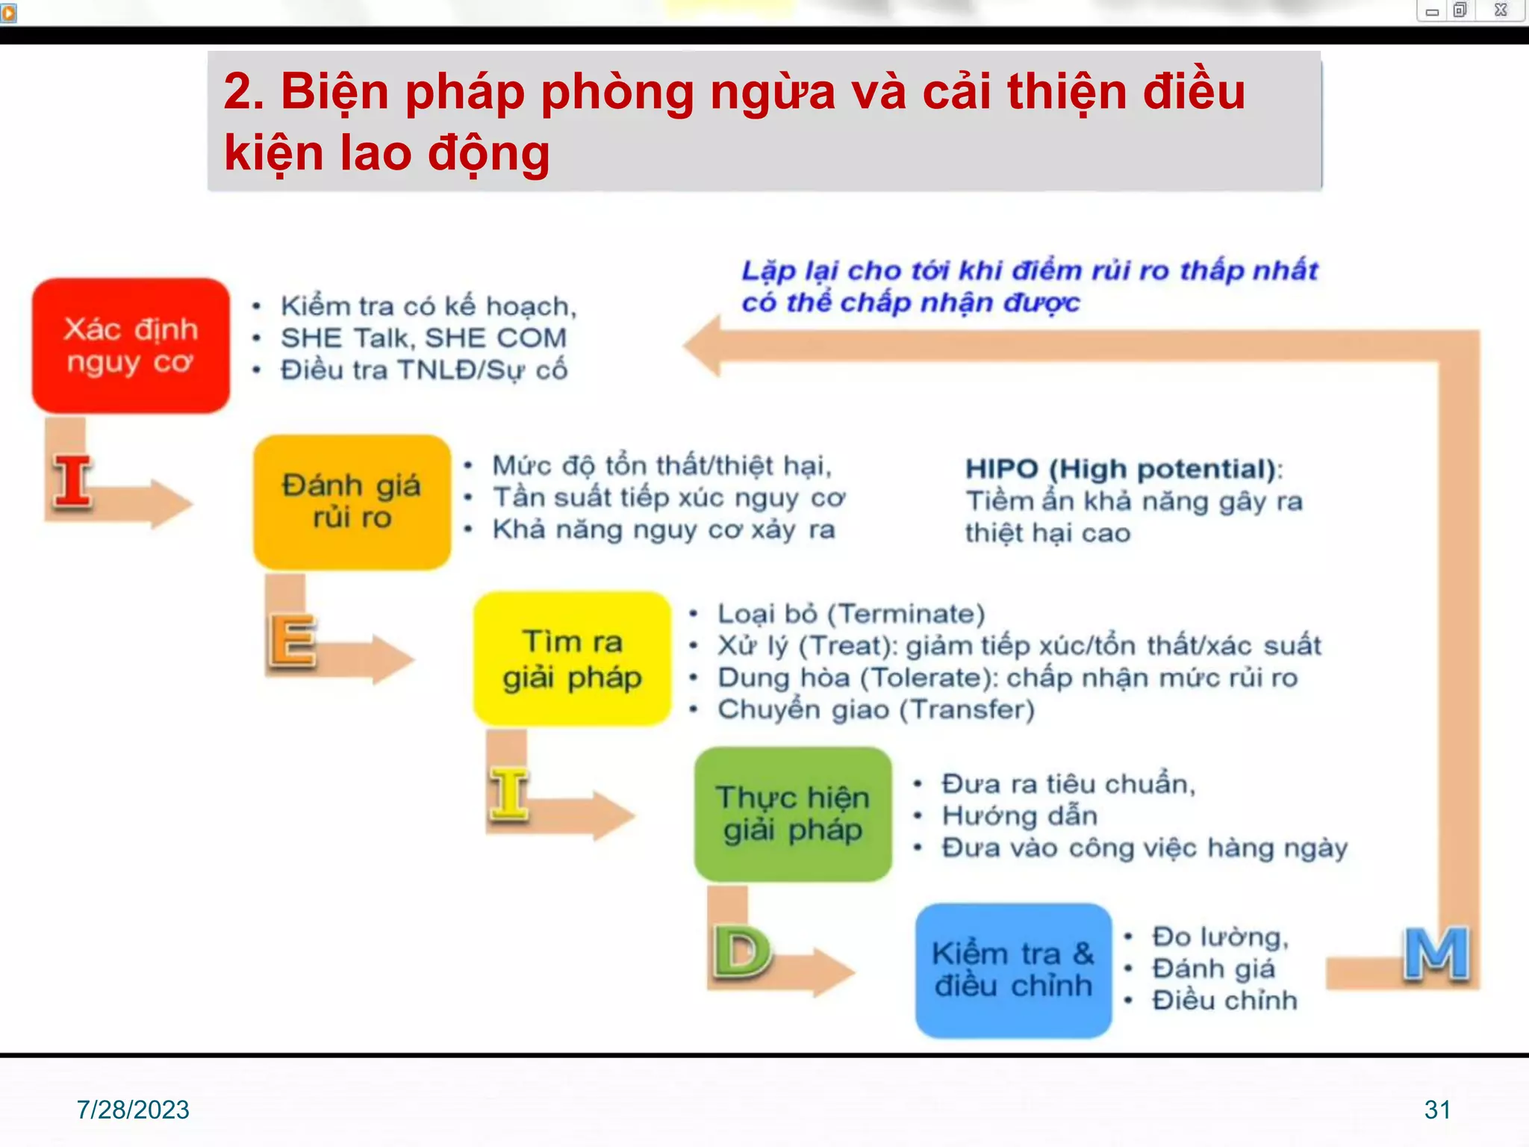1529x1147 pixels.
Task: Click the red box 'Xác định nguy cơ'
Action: click(131, 346)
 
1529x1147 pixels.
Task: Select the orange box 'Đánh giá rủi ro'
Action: click(352, 502)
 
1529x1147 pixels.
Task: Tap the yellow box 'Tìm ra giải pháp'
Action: click(572, 659)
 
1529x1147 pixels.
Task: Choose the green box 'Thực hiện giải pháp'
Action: click(793, 814)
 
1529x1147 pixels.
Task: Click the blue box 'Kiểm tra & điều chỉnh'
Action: click(1013, 970)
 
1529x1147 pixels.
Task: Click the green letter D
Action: click(741, 952)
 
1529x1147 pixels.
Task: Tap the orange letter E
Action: click(292, 641)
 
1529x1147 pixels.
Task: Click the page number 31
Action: click(1437, 1110)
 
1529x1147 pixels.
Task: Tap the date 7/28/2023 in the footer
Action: click(133, 1110)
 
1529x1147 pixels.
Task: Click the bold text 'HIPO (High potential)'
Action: click(1122, 469)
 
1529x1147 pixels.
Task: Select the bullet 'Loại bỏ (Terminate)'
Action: click(851, 614)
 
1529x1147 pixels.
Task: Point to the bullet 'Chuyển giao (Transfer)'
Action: click(876, 709)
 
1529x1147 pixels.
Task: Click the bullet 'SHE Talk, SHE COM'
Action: click(423, 338)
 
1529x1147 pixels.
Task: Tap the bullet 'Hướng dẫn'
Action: click(1019, 815)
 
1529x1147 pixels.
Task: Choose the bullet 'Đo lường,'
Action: click(1220, 936)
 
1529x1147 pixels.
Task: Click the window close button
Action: click(1501, 10)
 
